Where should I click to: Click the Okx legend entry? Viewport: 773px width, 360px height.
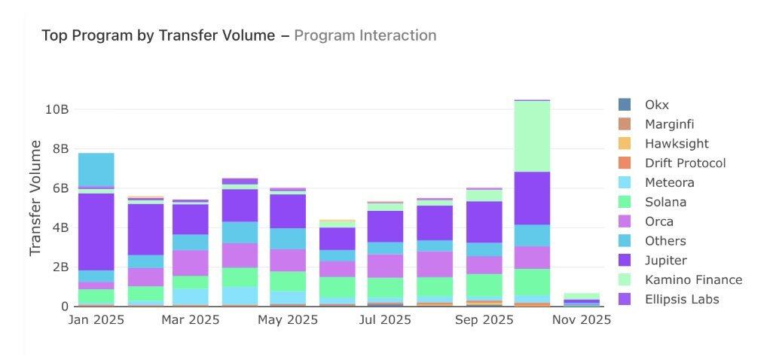pyautogui.click(x=656, y=104)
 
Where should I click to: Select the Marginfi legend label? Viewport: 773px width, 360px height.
pyautogui.click(x=669, y=124)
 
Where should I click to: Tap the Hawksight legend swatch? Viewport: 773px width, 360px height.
pyautogui.click(x=625, y=143)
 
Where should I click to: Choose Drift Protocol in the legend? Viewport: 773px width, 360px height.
pyautogui.click(x=685, y=163)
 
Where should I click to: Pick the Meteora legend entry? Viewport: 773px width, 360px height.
pyautogui.click(x=669, y=182)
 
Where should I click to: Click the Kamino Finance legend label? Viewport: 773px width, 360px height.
pyautogui.click(x=693, y=280)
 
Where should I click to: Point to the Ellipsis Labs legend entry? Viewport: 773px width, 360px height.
pyautogui.click(x=682, y=300)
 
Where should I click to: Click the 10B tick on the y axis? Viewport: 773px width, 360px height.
pyautogui.click(x=57, y=109)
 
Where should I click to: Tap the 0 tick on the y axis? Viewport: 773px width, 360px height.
pyautogui.click(x=66, y=307)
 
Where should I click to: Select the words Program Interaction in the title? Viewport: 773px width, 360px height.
pyautogui.click(x=365, y=35)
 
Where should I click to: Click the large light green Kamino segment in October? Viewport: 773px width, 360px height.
pyautogui.click(x=532, y=136)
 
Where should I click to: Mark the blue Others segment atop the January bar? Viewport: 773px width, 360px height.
pyautogui.click(x=96, y=169)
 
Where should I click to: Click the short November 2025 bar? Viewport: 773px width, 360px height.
pyautogui.click(x=582, y=299)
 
